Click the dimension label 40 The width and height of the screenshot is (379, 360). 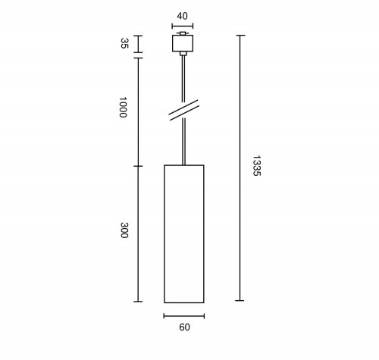point(183,14)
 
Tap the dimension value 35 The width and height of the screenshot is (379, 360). point(124,44)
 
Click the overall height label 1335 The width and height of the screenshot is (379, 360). point(256,168)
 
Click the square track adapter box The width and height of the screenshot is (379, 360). point(183,45)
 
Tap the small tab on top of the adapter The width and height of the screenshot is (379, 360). point(183,34)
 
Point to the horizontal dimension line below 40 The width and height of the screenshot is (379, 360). point(183,25)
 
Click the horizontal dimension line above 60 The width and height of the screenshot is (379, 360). point(183,315)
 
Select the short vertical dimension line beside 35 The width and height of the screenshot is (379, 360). point(137,45)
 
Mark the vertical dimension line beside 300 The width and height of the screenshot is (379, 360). point(137,233)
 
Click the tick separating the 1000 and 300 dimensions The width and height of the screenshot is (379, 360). point(137,165)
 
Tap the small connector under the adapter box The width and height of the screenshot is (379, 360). point(183,56)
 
